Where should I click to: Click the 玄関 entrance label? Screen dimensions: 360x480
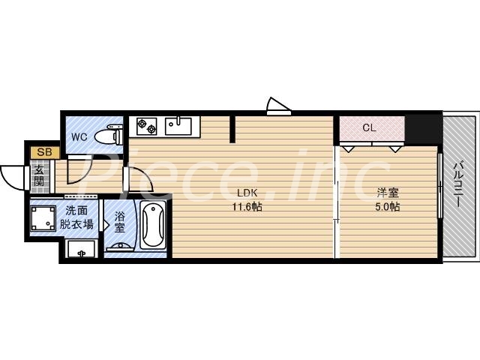click(x=40, y=176)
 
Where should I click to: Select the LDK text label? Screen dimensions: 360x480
click(x=247, y=191)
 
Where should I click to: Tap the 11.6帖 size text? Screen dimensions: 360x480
click(x=247, y=205)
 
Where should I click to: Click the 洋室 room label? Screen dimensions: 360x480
click(x=387, y=191)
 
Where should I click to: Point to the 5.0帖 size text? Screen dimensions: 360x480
click(x=387, y=205)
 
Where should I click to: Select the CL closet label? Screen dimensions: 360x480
click(x=369, y=127)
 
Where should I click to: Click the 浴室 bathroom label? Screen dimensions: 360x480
click(x=120, y=223)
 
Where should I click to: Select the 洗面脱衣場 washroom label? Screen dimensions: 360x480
click(x=78, y=217)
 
